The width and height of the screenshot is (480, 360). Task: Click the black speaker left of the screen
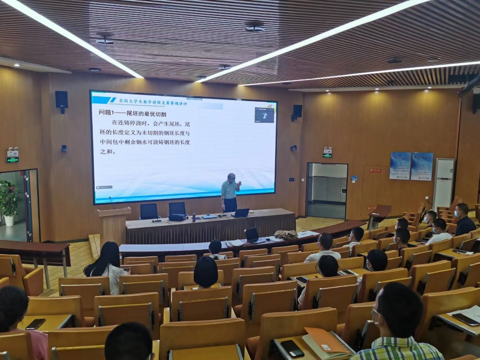tap(61, 100)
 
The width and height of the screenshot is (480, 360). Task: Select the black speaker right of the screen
tap(297, 111)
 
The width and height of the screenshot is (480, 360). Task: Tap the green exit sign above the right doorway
tap(328, 155)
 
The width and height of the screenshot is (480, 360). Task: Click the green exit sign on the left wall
tap(12, 159)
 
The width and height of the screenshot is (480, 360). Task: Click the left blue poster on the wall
tap(400, 166)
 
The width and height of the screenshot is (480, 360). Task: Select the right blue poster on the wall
tap(422, 166)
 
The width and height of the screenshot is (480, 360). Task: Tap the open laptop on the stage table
tap(241, 213)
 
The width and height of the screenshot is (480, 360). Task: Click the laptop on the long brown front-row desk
tap(252, 235)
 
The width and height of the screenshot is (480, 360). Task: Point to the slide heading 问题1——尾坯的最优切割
tap(133, 113)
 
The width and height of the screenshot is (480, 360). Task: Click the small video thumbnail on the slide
tap(264, 115)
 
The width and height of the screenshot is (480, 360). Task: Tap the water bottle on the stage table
tap(194, 217)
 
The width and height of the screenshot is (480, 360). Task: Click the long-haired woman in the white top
tap(108, 265)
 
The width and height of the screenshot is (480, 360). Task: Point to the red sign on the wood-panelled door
tap(375, 170)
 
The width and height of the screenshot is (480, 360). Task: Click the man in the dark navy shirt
tap(464, 220)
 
